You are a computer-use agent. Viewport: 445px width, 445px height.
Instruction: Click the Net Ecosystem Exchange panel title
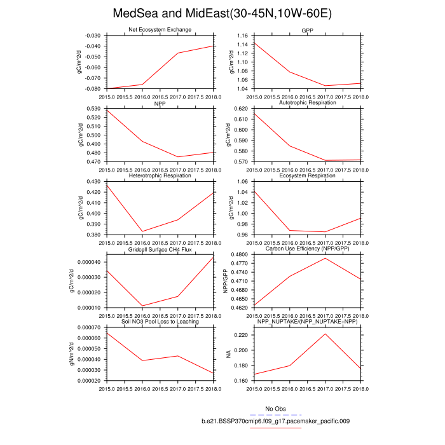pyautogui.click(x=159, y=30)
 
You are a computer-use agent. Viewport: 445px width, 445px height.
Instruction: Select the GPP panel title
pyautogui.click(x=308, y=30)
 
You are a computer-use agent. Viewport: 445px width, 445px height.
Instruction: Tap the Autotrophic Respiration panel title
pyautogui.click(x=308, y=102)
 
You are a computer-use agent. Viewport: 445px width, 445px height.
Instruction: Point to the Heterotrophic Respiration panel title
pyautogui.click(x=159, y=175)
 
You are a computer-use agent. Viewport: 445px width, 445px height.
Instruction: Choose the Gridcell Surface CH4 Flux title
pyautogui.click(x=159, y=249)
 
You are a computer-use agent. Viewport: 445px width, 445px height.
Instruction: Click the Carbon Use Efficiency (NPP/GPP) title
pyautogui.click(x=308, y=249)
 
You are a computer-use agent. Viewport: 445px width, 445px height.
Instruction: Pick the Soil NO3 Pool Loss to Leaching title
pyautogui.click(x=159, y=322)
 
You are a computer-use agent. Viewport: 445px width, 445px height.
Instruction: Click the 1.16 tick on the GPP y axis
pyautogui.click(x=242, y=36)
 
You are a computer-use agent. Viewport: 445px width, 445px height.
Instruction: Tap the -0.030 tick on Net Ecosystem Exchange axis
pyautogui.click(x=92, y=36)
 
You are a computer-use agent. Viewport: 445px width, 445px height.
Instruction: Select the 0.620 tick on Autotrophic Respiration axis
pyautogui.click(x=242, y=109)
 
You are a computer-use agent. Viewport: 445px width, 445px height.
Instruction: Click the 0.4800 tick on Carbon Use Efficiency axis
pyautogui.click(x=240, y=254)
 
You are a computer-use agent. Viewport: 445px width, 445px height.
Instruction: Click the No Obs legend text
pyautogui.click(x=276, y=408)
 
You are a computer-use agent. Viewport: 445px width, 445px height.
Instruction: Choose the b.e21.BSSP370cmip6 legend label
pyautogui.click(x=275, y=421)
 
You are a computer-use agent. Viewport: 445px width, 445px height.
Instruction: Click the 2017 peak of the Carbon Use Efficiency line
pyautogui.click(x=325, y=258)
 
